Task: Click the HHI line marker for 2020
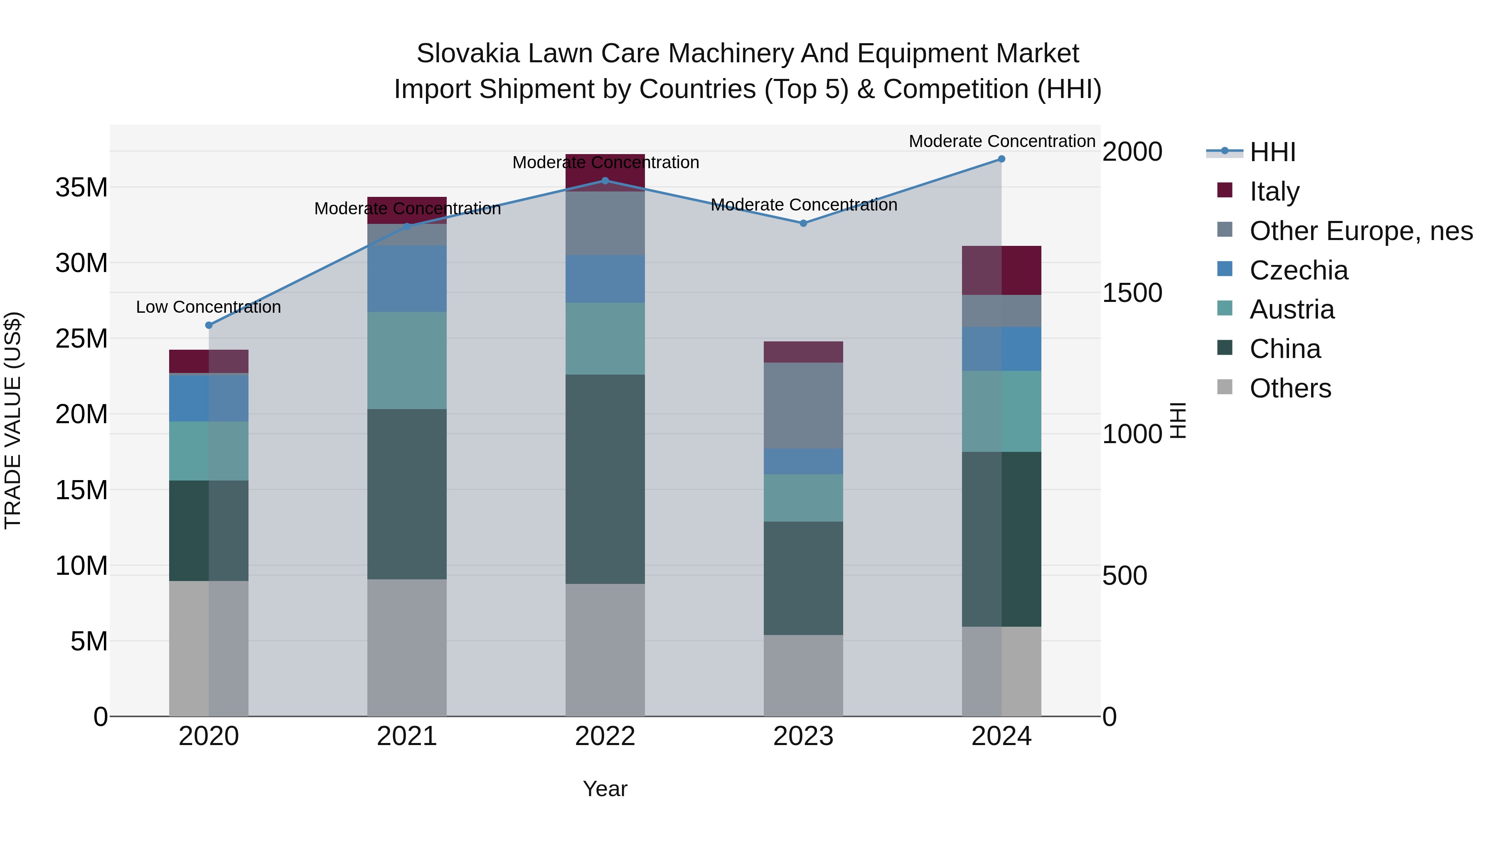coord(209,325)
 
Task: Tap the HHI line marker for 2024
coord(1001,159)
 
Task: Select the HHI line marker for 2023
coord(803,223)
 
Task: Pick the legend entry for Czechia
coord(1299,270)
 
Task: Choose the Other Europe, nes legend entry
coord(1361,231)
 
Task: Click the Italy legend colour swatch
coord(1225,190)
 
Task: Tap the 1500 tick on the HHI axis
coord(1132,293)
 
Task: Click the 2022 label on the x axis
coord(605,736)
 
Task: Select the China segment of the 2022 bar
coord(605,479)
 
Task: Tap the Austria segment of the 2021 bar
coord(406,360)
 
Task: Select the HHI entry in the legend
coord(1272,152)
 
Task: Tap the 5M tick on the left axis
coord(89,641)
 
